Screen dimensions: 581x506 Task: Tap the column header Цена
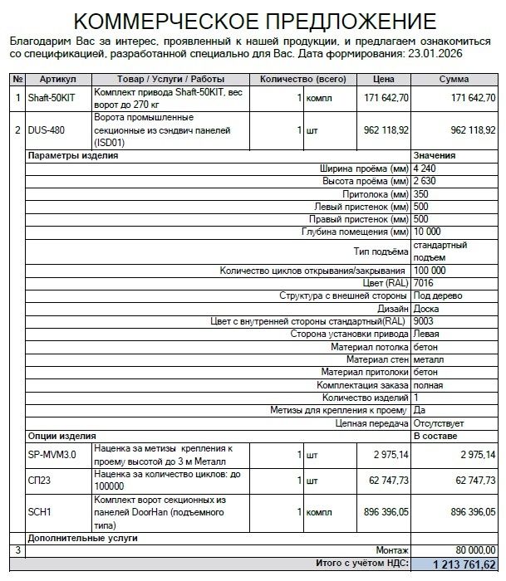382,79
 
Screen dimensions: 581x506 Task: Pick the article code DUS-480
47,130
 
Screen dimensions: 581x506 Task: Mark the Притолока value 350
422,193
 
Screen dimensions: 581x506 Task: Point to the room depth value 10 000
429,231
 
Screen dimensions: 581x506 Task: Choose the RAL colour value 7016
424,283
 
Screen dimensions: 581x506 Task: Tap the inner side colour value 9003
424,321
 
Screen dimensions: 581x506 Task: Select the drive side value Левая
427,334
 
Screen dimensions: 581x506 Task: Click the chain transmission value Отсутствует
439,423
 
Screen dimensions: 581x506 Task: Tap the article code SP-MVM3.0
52,455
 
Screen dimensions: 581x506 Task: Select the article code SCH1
40,513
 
